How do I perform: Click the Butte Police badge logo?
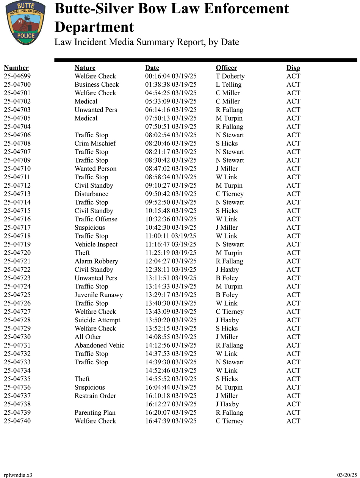[x=25, y=22]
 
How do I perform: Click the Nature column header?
[x=85, y=68]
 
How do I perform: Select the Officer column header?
[x=226, y=68]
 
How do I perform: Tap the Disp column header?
[x=293, y=68]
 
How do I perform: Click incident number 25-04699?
[x=17, y=76]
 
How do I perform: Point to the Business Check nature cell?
[x=97, y=85]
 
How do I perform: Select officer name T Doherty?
[x=230, y=76]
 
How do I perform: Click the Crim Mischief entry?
[x=95, y=143]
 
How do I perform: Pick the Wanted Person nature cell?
[x=95, y=169]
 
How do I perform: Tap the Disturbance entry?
[x=91, y=194]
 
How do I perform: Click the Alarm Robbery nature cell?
[x=96, y=261]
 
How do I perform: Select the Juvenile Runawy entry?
[x=99, y=295]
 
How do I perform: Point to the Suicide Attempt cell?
[x=97, y=320]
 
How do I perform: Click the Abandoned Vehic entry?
[x=99, y=345]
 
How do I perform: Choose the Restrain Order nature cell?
[x=95, y=396]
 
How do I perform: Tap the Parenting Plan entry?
[x=95, y=412]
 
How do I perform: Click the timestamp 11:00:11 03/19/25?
[x=171, y=236]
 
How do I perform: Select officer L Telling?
[x=229, y=85]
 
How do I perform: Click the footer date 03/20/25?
[x=347, y=475]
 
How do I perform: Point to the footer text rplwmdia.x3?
[x=18, y=475]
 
